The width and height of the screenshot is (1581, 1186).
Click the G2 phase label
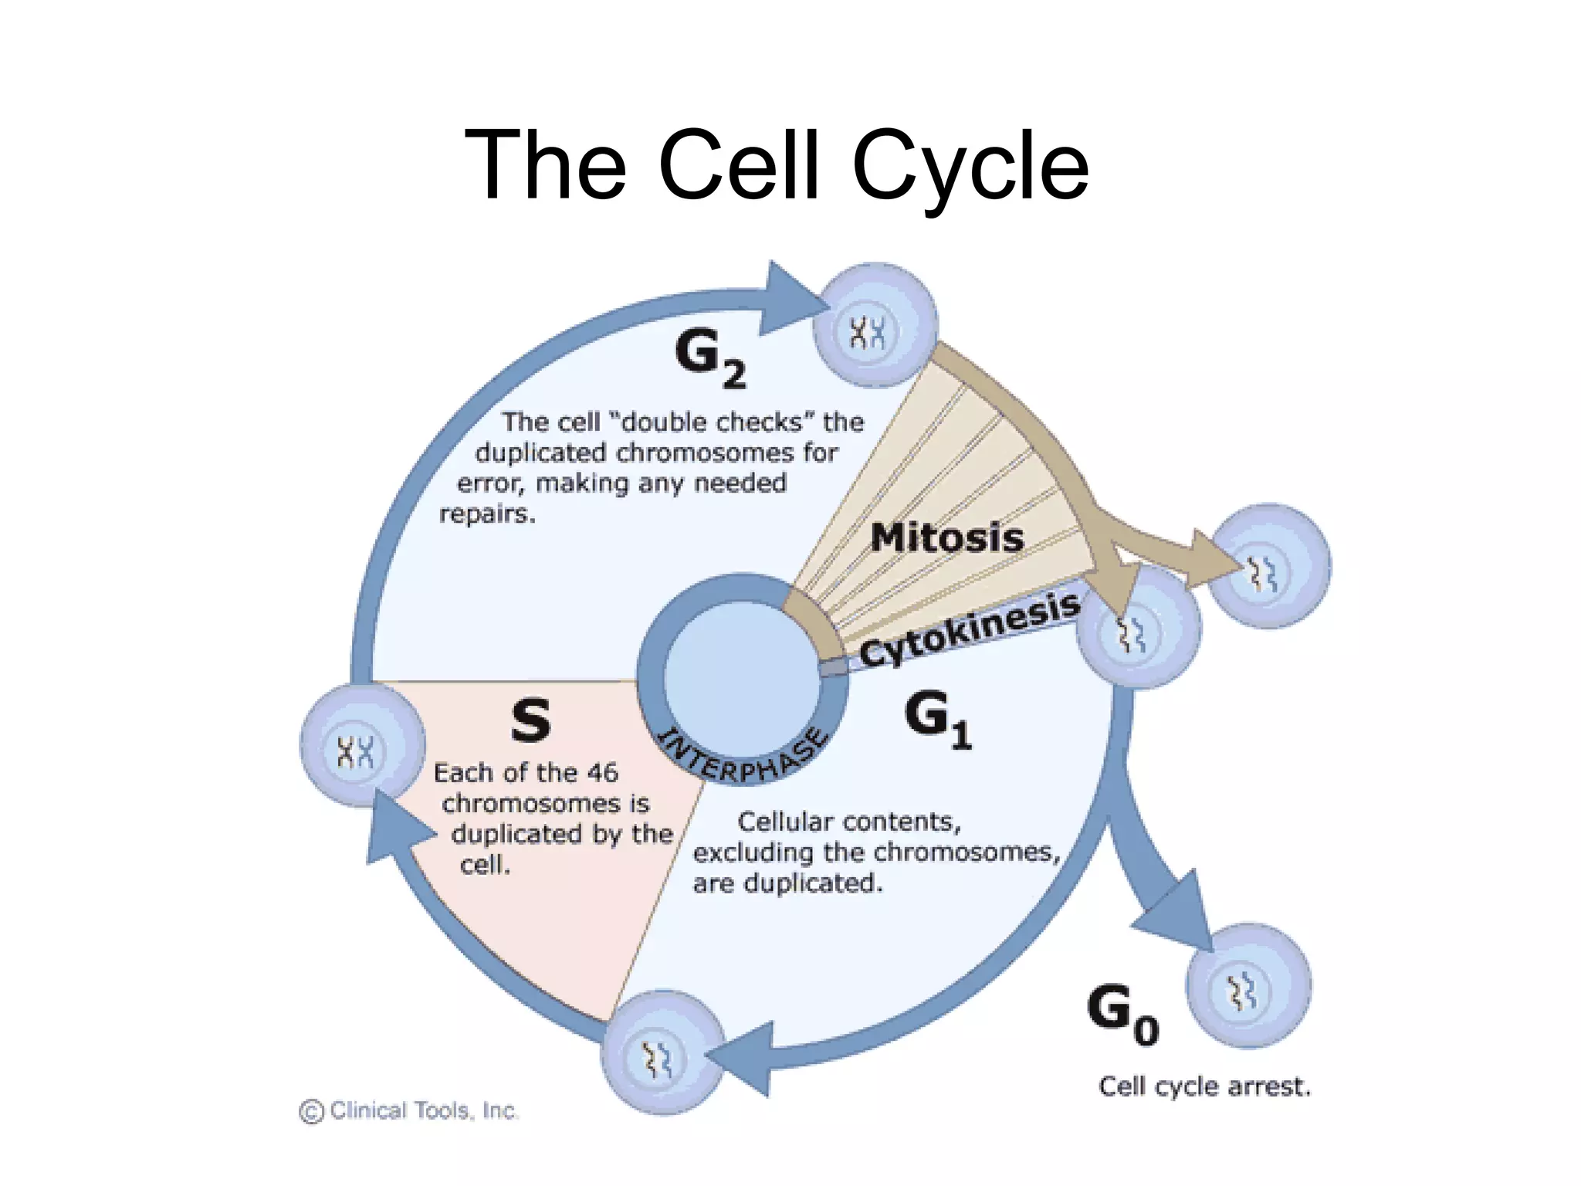coord(709,357)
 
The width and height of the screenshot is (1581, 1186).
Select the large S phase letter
coord(531,720)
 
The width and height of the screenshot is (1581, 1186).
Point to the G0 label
coord(1121,1013)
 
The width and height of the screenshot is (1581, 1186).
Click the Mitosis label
coord(947,537)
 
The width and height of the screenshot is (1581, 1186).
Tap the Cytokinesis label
coord(970,630)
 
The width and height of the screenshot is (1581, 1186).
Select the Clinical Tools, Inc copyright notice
coord(409,1110)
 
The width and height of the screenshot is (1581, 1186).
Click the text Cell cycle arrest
coord(1204,1086)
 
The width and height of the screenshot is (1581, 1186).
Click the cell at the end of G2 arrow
coord(875,326)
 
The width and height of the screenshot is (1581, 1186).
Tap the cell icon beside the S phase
coord(362,746)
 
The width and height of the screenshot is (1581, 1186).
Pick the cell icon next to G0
coord(1248,986)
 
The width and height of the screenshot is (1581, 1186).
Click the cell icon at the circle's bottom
coord(662,1052)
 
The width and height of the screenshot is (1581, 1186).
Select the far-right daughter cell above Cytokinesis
coord(1269,566)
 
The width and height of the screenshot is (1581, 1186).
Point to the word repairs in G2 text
coord(486,513)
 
